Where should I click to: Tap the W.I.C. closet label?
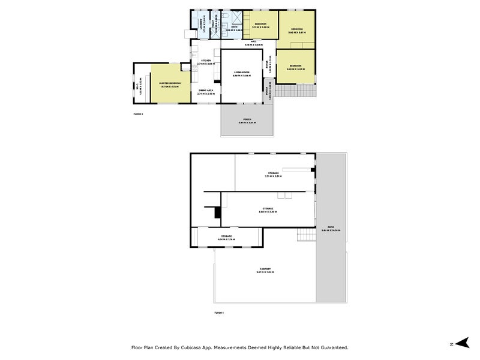point(140,83)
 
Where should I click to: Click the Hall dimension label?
point(248,44)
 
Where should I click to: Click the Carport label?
point(264,270)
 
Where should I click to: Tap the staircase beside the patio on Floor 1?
point(307,235)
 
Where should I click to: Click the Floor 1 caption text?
point(219,313)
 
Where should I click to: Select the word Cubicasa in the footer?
point(197,347)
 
